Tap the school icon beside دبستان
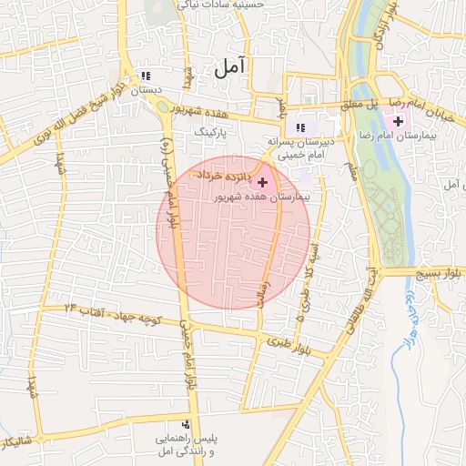click(x=144, y=76)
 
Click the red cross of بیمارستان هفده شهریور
click(x=264, y=183)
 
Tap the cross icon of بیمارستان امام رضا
click(x=398, y=121)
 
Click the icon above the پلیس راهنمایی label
click(x=187, y=424)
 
